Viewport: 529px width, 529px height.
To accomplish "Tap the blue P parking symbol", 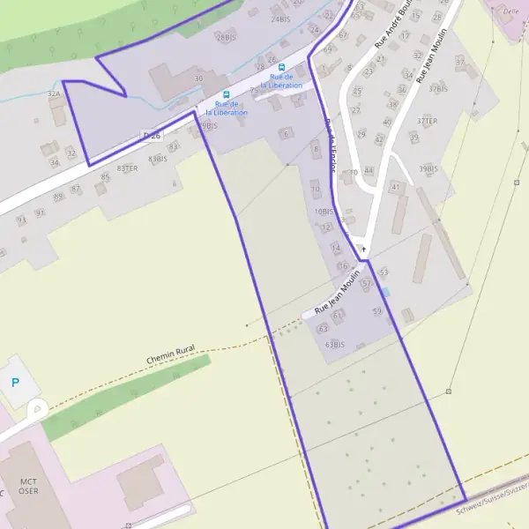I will pyautogui.click(x=15, y=383).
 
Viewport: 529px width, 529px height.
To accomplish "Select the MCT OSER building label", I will pyautogui.click(x=29, y=487).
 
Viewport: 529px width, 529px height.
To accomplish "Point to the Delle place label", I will pyautogui.click(x=510, y=11).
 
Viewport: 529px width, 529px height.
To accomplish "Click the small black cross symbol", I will pyautogui.click(x=362, y=250).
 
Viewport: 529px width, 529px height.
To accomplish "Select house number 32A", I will pyautogui.click(x=54, y=93).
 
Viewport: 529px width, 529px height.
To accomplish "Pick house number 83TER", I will pyautogui.click(x=127, y=168).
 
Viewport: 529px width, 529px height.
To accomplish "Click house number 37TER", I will pyautogui.click(x=428, y=121).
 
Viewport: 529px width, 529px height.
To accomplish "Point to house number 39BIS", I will pyautogui.click(x=428, y=168).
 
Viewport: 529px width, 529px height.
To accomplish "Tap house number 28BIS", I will pyautogui.click(x=227, y=37).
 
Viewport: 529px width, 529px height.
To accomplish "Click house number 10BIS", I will pyautogui.click(x=324, y=212).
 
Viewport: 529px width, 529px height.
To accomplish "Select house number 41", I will pyautogui.click(x=396, y=187).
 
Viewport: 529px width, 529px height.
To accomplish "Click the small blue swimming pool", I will pyautogui.click(x=385, y=292).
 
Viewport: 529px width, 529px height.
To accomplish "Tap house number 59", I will pyautogui.click(x=378, y=311).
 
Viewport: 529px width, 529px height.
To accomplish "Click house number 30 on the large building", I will pyautogui.click(x=198, y=78).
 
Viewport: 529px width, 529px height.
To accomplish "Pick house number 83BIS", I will pyautogui.click(x=158, y=159).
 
